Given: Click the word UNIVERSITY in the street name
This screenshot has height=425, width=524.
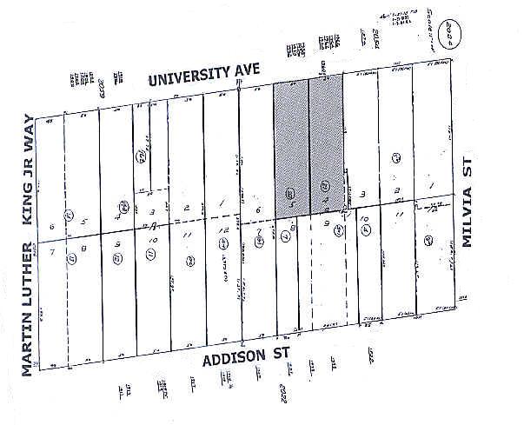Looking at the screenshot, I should (183, 79).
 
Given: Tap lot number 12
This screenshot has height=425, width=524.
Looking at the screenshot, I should (223, 230).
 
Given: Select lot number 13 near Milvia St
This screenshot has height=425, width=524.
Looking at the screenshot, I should (433, 209).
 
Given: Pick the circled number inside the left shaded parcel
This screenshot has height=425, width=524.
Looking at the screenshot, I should (290, 192).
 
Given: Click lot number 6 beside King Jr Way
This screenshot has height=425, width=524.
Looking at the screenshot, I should (52, 228).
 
